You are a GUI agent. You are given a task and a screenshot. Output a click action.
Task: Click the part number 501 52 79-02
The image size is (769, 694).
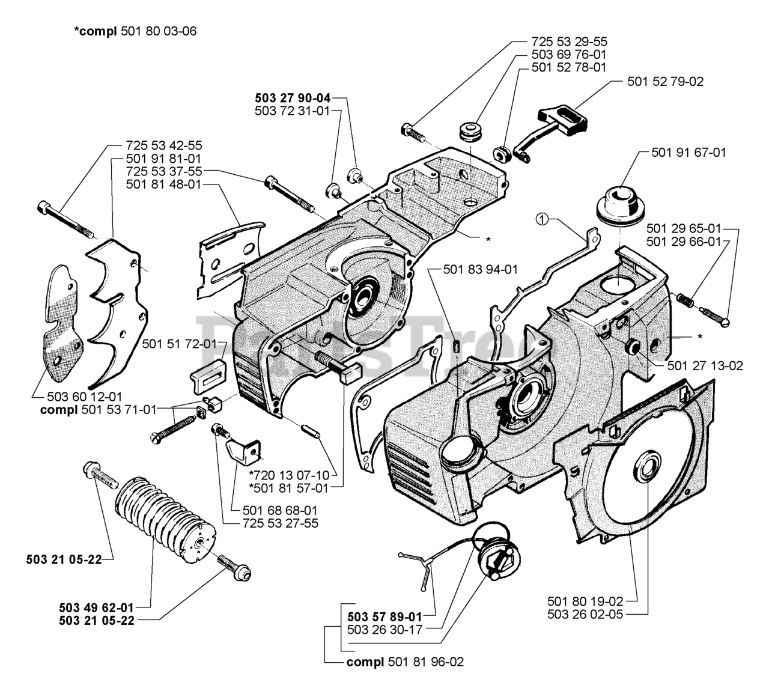pyautogui.click(x=665, y=82)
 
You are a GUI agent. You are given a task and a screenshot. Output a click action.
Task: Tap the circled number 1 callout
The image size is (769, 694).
pyautogui.click(x=541, y=220)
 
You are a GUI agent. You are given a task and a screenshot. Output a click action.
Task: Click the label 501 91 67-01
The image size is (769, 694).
pyautogui.click(x=688, y=153)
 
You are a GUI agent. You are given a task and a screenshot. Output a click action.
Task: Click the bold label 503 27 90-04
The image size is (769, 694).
pyautogui.click(x=293, y=98)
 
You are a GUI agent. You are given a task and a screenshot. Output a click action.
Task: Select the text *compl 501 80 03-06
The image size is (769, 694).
pyautogui.click(x=135, y=31)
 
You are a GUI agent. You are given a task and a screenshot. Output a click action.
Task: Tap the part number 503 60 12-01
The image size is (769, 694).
pyautogui.click(x=84, y=397)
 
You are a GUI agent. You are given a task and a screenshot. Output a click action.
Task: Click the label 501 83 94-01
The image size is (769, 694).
pyautogui.click(x=481, y=270)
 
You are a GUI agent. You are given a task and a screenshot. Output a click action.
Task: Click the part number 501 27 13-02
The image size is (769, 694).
pyautogui.click(x=705, y=365)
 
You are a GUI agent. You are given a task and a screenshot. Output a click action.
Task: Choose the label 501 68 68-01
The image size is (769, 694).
pyautogui.click(x=280, y=510)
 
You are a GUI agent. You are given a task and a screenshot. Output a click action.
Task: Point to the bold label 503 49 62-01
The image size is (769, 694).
pyautogui.click(x=96, y=607)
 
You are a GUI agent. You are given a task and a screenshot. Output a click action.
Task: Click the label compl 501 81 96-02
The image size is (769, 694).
pyautogui.click(x=405, y=662)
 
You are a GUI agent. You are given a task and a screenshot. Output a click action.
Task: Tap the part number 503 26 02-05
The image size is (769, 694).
pyautogui.click(x=585, y=625)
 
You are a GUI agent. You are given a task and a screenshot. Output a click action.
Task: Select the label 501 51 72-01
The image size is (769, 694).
pyautogui.click(x=180, y=344)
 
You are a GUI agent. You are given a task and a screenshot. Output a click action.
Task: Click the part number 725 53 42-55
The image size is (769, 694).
pyautogui.click(x=163, y=145)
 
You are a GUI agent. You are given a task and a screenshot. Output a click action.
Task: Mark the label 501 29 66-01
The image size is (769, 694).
pyautogui.click(x=684, y=242)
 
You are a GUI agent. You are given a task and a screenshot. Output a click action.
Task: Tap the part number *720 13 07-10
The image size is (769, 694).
pyautogui.click(x=289, y=475)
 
